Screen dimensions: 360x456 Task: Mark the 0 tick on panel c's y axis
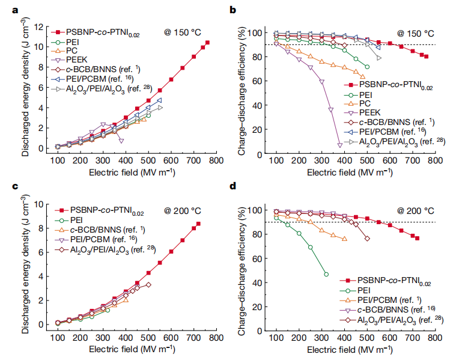[41, 325]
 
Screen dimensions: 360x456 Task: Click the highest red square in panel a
[207, 43]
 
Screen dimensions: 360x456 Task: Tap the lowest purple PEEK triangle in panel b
[340, 145]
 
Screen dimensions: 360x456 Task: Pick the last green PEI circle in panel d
[326, 274]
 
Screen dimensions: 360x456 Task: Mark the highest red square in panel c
[199, 224]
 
